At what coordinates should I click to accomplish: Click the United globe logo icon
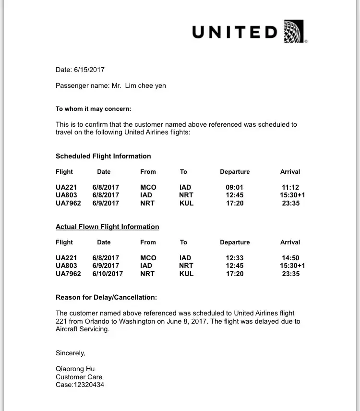click(294, 31)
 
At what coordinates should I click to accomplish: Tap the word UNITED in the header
click(235, 32)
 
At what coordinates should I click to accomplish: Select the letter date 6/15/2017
click(89, 70)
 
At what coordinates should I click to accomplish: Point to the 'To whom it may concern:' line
click(94, 109)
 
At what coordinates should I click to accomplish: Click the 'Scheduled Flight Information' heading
click(103, 156)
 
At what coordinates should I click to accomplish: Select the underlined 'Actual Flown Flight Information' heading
click(108, 227)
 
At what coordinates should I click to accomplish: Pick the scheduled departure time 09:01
click(235, 187)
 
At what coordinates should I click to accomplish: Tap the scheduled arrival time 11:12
click(290, 187)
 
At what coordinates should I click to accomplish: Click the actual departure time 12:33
click(235, 258)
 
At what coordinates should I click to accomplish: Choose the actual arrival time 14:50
click(290, 258)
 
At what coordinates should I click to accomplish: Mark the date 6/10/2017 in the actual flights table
click(108, 274)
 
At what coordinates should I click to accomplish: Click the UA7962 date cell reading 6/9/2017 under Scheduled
click(106, 203)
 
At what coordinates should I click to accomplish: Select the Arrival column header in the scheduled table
click(290, 171)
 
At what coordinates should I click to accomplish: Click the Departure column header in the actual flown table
click(235, 242)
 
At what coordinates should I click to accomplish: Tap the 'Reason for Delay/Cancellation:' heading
click(106, 297)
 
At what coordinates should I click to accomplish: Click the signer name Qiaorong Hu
click(75, 369)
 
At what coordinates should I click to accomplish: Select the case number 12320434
click(88, 385)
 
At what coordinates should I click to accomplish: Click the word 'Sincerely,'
click(71, 353)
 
